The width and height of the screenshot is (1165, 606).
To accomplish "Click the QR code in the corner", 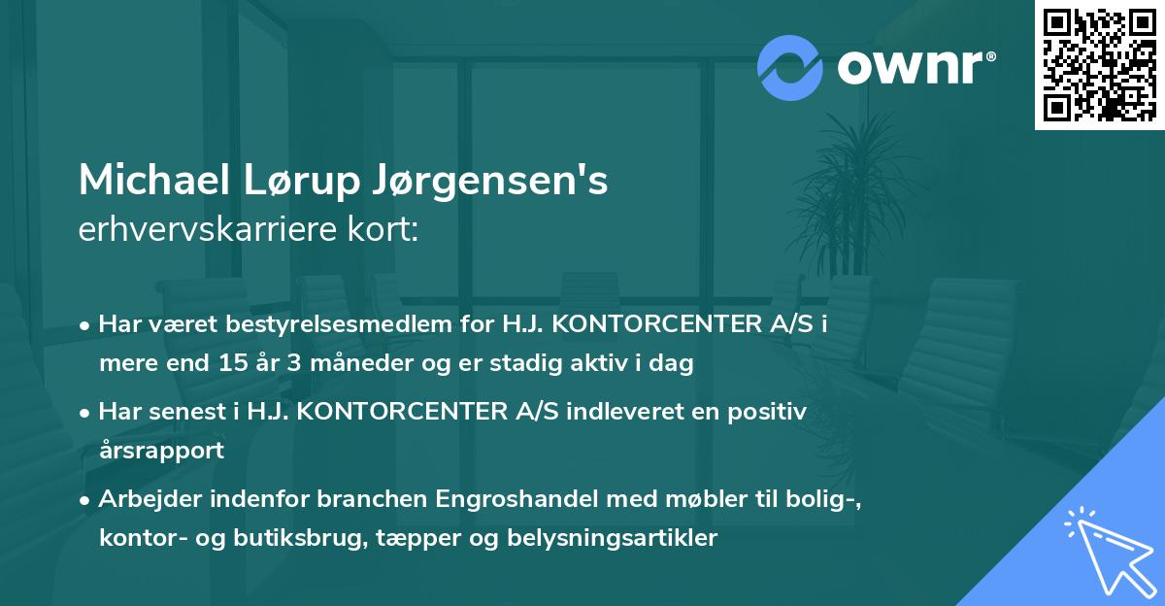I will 1099,65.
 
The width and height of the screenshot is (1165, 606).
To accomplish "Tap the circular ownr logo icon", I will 791,68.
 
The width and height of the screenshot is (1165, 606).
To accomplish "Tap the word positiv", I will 771,412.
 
